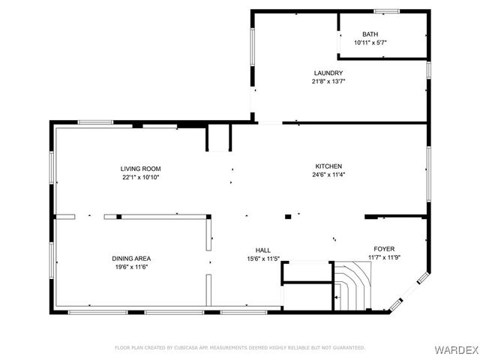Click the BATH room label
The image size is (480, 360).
(370, 34)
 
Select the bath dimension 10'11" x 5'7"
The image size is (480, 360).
(370, 43)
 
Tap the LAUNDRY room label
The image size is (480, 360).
(328, 73)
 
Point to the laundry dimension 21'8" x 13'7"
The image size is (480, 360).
(328, 81)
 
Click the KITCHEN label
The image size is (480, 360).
(328, 166)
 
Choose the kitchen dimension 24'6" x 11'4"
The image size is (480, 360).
(328, 175)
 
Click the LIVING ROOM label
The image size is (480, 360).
(141, 169)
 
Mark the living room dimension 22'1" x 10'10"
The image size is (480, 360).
(141, 178)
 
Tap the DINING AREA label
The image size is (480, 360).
(132, 258)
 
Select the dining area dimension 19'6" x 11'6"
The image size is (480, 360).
(132, 267)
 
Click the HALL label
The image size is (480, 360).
(263, 250)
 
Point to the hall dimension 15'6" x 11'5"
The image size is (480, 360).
(263, 259)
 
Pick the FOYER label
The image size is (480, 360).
(384, 249)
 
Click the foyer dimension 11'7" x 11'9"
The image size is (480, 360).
(384, 258)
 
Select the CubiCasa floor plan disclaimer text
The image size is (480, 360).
(239, 348)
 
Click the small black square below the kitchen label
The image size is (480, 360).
(288, 217)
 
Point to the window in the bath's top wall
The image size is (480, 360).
(386, 11)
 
